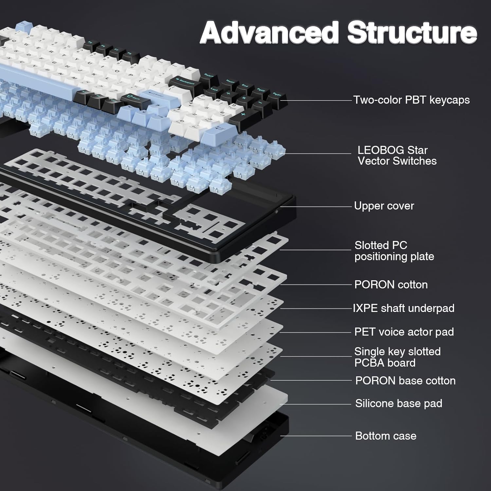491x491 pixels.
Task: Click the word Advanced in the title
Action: tap(268, 33)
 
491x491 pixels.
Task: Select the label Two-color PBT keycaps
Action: tap(411, 100)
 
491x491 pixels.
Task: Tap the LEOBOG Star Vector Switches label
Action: tap(397, 155)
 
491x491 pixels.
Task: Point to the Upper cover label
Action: tap(384, 206)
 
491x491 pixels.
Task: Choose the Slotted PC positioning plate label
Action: tap(394, 251)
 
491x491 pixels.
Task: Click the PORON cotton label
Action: tap(391, 284)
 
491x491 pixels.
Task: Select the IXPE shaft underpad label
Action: tap(404, 308)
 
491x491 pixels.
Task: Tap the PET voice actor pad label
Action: tap(404, 332)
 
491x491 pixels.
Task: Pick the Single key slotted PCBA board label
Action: tap(397, 357)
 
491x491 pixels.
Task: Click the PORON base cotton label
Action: tap(405, 381)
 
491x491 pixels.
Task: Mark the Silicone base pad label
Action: tap(398, 403)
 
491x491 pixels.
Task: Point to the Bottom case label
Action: tap(386, 436)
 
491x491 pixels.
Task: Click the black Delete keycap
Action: tap(208, 77)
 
